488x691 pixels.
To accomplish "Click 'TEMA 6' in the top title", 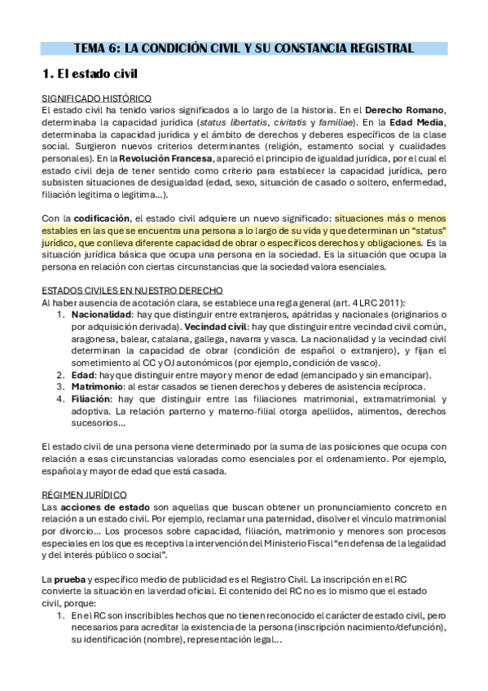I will (x=97, y=48).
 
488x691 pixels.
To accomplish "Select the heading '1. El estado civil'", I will (x=90, y=74).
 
